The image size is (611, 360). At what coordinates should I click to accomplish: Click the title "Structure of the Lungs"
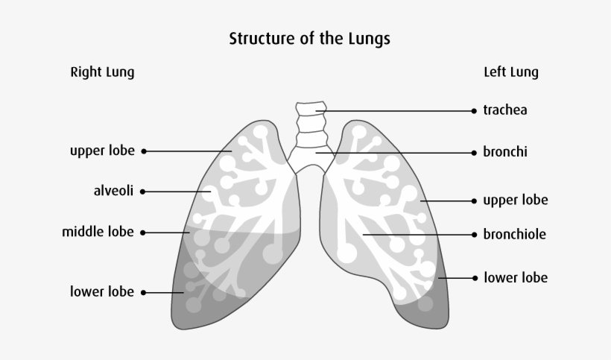(x=309, y=39)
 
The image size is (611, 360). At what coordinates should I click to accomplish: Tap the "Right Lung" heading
(x=102, y=72)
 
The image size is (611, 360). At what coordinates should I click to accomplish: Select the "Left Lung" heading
(x=511, y=72)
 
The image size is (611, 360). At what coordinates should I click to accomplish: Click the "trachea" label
(x=504, y=110)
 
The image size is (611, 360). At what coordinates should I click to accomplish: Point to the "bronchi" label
(x=504, y=152)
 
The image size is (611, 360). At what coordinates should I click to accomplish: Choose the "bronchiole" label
(x=514, y=235)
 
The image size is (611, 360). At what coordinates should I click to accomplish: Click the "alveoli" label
(x=113, y=191)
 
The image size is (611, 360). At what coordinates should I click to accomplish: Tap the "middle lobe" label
(x=98, y=232)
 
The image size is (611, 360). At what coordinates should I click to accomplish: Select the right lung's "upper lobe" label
(x=102, y=151)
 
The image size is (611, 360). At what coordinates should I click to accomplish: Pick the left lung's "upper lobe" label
(x=515, y=200)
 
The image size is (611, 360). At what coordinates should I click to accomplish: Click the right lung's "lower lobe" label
(x=102, y=291)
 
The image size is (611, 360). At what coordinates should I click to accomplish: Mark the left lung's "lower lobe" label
(x=516, y=278)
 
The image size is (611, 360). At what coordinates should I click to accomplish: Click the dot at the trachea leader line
(x=474, y=110)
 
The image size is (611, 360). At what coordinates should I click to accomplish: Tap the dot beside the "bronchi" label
(x=474, y=152)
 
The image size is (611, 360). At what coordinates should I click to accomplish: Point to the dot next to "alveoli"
(x=142, y=192)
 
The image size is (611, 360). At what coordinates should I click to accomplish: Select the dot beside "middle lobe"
(x=142, y=233)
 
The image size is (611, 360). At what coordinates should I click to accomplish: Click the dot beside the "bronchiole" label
(x=474, y=235)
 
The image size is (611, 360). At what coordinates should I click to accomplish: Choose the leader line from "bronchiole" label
(x=417, y=235)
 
